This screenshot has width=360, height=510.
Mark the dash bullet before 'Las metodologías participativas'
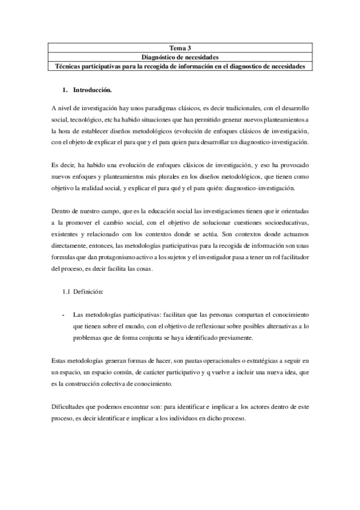[64, 315]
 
